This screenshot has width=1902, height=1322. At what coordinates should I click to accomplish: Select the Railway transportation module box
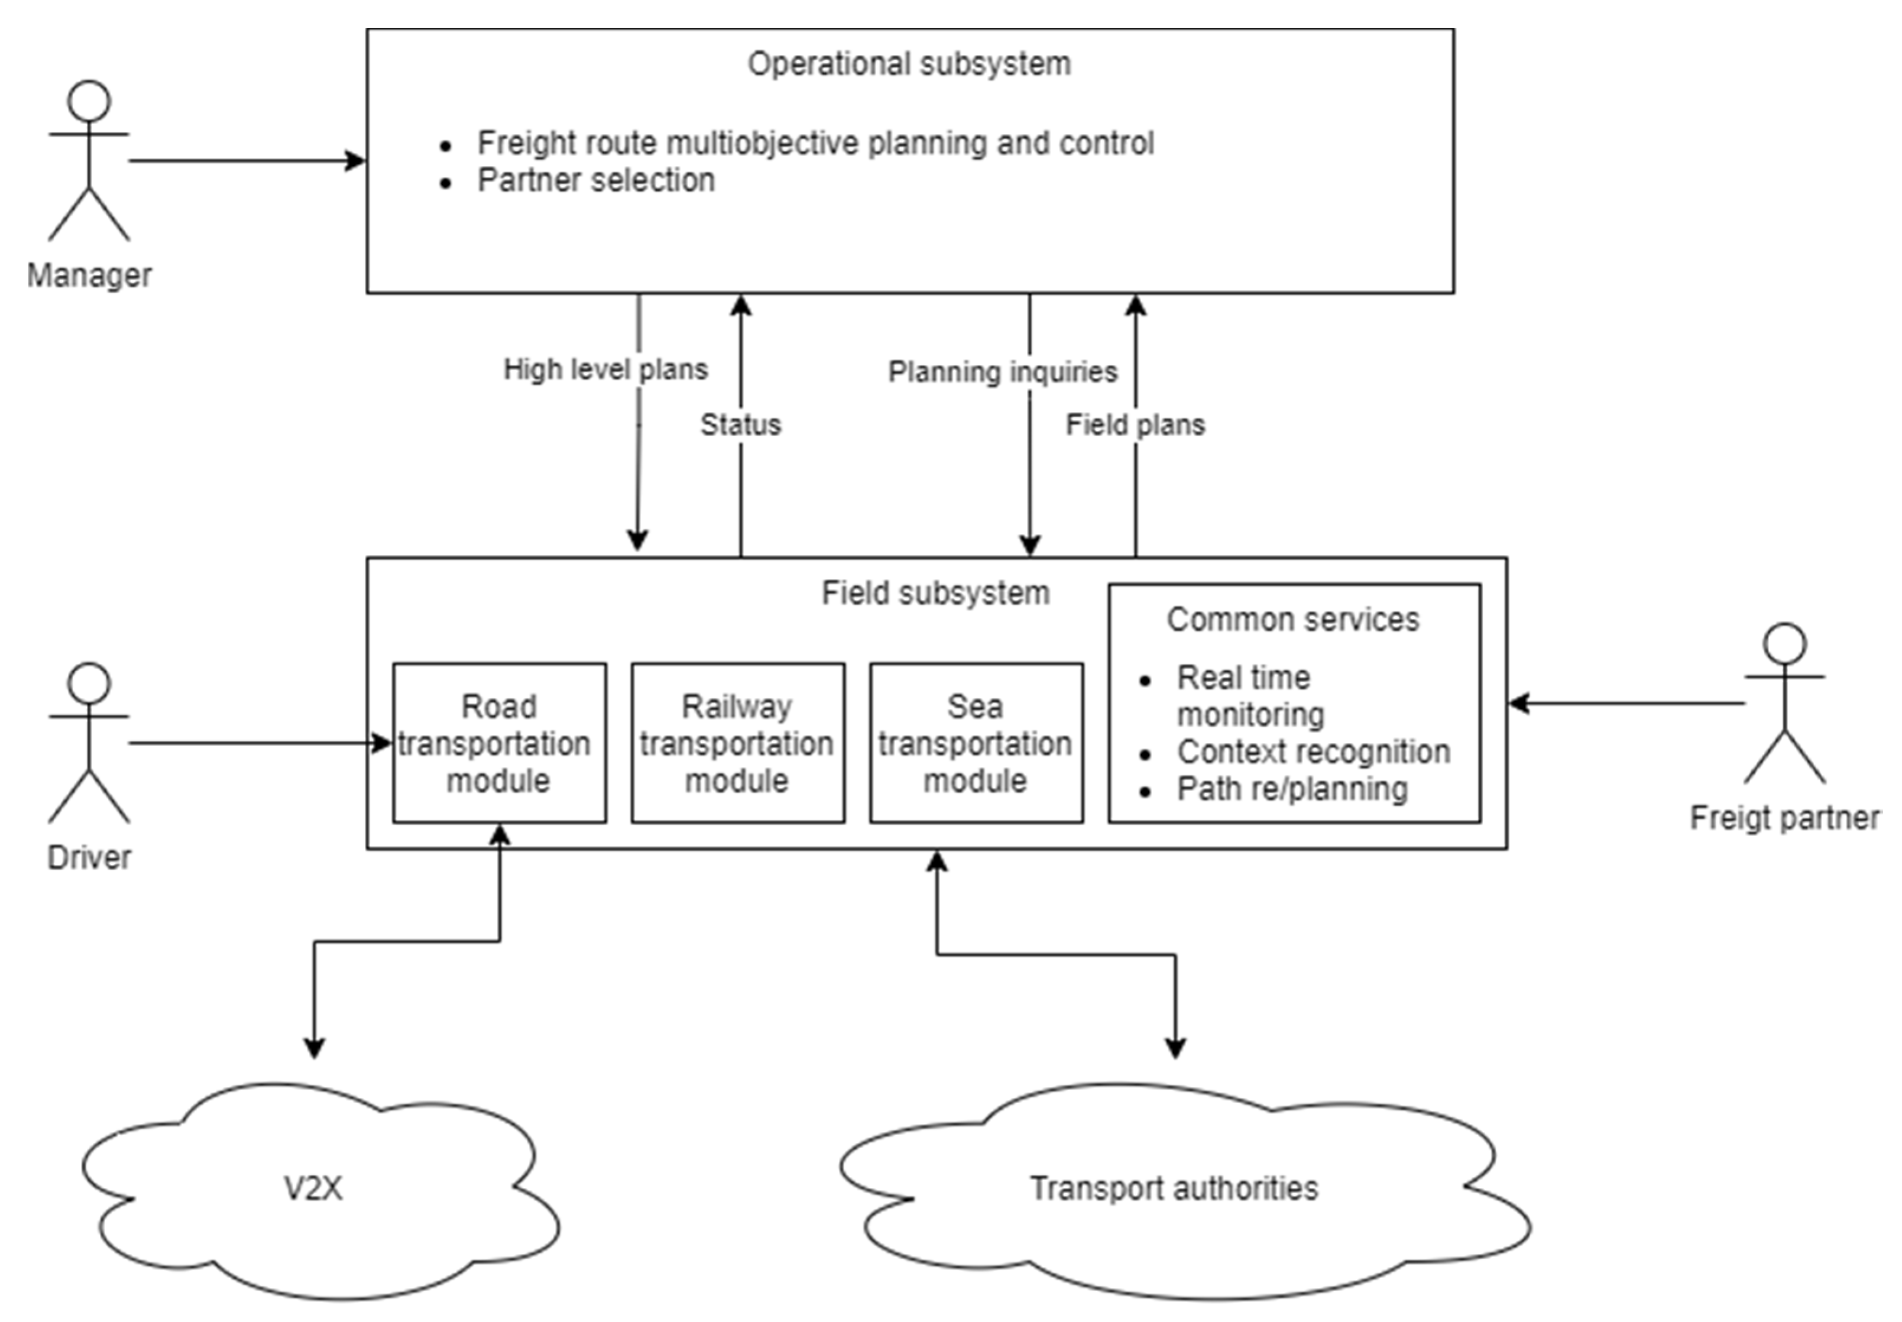pos(737,743)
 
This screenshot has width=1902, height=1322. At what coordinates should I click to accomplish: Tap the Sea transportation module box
pos(976,743)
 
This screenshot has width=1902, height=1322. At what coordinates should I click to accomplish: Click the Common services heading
pos(1292,620)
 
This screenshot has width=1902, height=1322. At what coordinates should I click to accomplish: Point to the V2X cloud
pos(313,1188)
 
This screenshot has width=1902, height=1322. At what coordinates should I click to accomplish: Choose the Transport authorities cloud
pos(1174,1188)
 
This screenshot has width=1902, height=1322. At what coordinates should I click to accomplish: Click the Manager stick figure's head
pos(89,101)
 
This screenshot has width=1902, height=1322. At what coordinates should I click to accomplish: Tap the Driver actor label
pos(89,857)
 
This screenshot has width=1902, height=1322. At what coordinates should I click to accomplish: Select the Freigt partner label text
pos(1784,818)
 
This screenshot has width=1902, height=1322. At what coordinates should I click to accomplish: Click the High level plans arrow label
pos(605,370)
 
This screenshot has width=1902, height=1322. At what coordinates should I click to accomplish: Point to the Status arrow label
pos(741,425)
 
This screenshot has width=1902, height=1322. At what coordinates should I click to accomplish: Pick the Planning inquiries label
pos(1002,372)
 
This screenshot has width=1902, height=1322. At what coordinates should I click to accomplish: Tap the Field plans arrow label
pos(1135,425)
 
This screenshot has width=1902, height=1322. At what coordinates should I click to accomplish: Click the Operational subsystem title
pos(909,64)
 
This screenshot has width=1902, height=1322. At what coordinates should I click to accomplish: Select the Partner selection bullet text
pos(595,180)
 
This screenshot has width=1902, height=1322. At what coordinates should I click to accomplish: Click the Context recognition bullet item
pos(1313,752)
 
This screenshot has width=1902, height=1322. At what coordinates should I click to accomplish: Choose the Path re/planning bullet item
pos(1292,789)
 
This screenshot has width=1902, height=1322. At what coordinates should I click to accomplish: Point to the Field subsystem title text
pos(935,593)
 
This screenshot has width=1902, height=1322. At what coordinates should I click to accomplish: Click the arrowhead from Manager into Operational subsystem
pos(356,161)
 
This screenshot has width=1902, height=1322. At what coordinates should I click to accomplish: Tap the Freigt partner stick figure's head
pos(1784,644)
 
